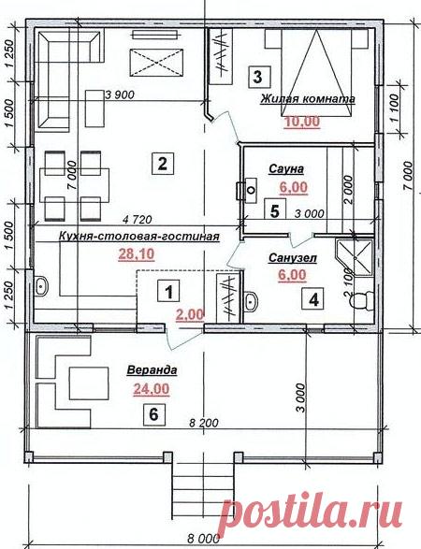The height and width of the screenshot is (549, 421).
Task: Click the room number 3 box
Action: coord(259,77)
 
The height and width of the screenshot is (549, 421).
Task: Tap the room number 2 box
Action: coord(163,163)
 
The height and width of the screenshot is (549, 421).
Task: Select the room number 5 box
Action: coord(275,211)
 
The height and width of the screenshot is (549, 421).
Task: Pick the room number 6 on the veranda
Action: coord(154,414)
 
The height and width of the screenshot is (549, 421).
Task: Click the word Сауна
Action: coord(286,169)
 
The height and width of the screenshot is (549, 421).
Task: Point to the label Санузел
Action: coord(293,258)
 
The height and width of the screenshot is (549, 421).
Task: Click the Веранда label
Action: coord(152,369)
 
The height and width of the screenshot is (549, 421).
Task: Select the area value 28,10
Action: coord(137,253)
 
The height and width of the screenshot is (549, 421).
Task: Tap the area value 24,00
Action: coord(152,389)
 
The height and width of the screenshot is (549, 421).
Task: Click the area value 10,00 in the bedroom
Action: coord(302,122)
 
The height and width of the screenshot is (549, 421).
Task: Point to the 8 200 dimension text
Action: coord(203,423)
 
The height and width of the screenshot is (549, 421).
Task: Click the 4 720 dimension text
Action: coord(138,220)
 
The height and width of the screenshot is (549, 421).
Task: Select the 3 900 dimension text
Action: coord(120,94)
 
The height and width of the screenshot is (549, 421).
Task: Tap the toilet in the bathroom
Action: coord(362,300)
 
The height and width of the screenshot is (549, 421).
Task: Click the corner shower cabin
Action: coord(355,257)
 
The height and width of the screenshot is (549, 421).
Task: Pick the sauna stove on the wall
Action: coord(247,190)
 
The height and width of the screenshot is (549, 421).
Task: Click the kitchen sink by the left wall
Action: coord(41,286)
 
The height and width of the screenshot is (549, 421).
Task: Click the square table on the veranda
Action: coord(88,383)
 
